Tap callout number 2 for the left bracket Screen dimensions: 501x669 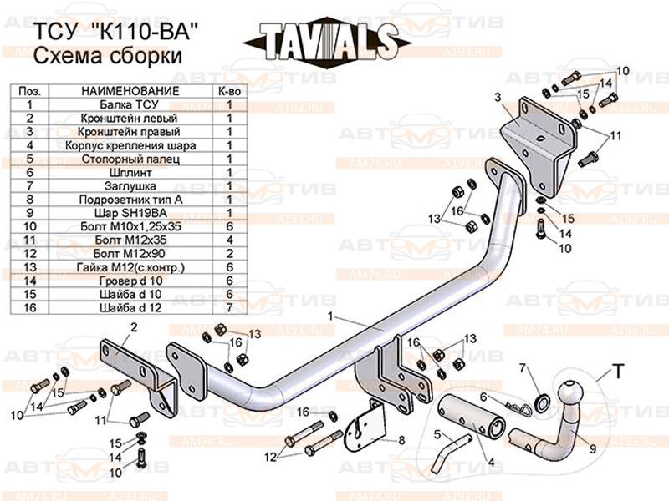[x=132, y=327]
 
